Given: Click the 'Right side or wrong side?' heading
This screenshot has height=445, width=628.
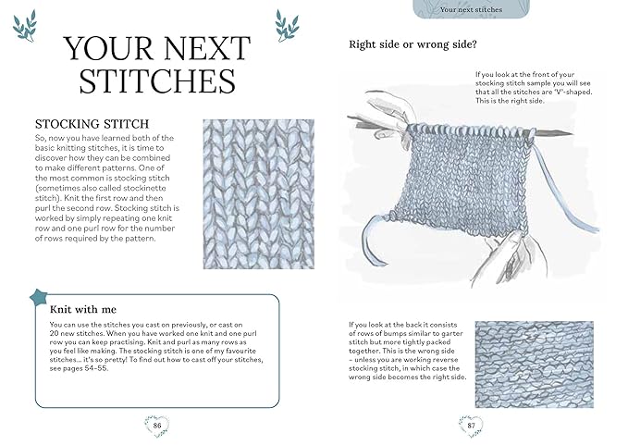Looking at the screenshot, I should [413, 43].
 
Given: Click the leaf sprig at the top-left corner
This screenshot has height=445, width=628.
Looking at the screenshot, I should [25, 25].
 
